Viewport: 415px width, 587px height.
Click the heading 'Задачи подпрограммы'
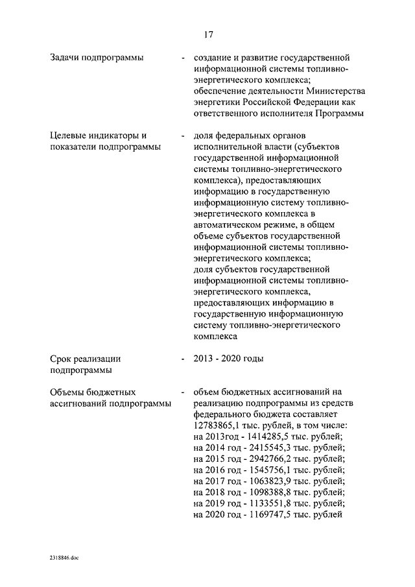pos(97,58)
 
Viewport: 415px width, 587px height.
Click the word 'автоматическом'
pos(226,224)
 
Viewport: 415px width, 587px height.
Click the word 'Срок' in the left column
pos(62,359)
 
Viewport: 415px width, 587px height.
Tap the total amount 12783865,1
pos(219,425)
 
